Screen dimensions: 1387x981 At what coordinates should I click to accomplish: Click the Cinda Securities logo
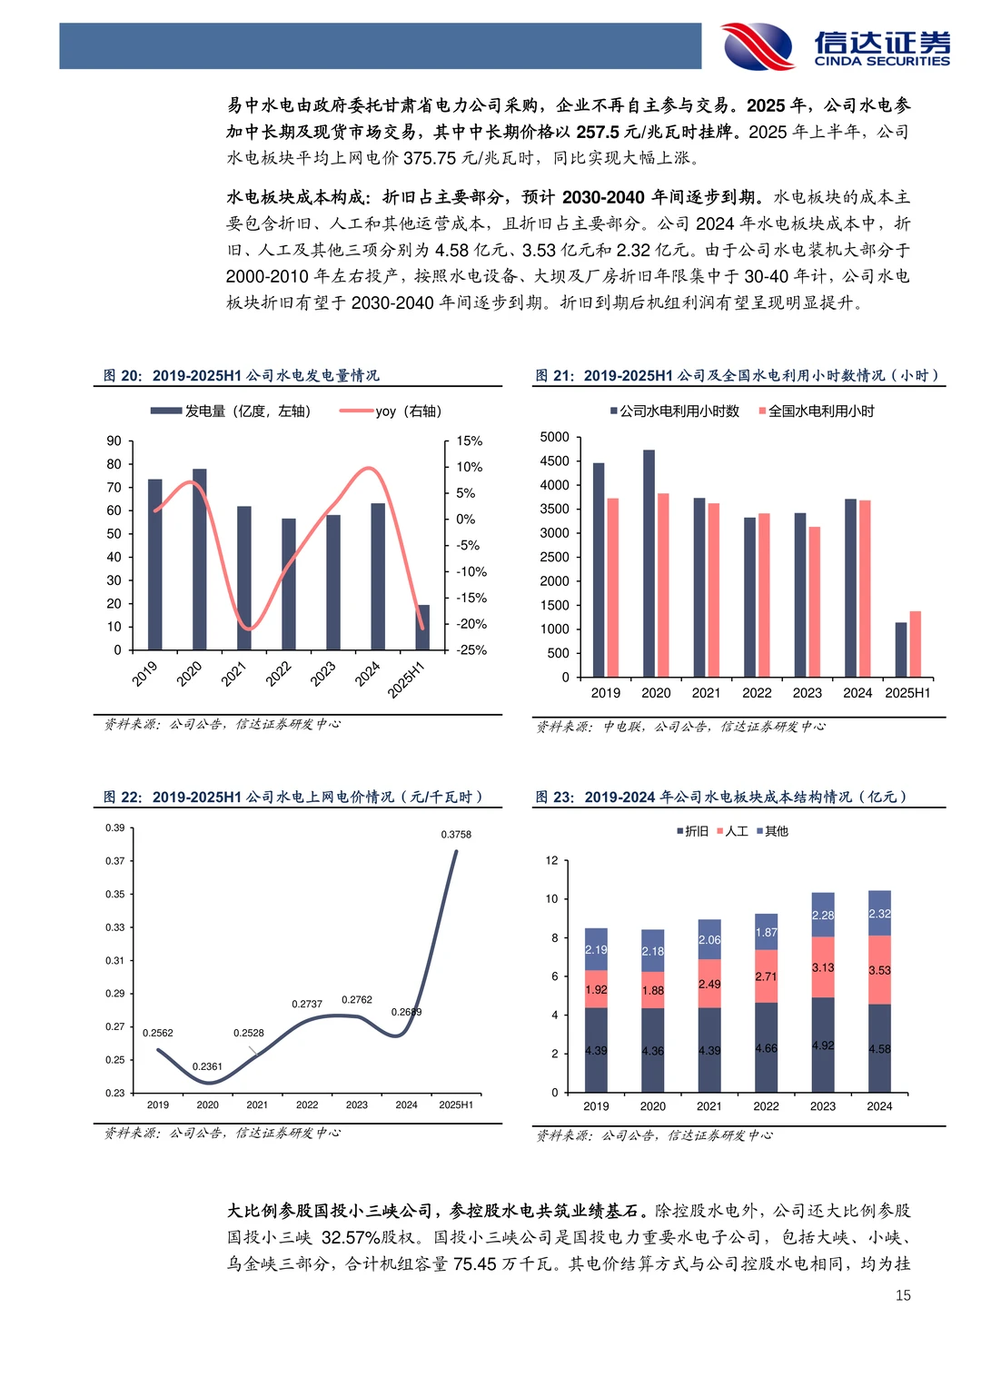point(836,45)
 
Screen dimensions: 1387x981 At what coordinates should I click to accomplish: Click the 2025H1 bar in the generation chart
point(423,627)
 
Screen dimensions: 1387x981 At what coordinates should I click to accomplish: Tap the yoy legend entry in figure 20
point(391,411)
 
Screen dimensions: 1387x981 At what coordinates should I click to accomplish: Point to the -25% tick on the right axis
point(471,650)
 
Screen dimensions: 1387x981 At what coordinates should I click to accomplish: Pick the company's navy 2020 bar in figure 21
point(649,563)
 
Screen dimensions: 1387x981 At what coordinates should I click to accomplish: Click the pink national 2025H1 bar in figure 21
point(915,644)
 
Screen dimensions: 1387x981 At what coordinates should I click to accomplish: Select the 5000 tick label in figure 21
point(554,437)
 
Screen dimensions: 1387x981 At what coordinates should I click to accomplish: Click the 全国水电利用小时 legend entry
point(817,411)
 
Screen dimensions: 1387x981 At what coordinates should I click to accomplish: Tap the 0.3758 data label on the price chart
point(456,834)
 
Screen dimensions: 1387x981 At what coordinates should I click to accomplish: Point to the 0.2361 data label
point(207,1066)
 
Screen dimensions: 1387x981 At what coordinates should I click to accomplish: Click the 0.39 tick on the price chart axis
point(114,827)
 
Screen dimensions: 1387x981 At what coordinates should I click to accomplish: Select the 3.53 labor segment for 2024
point(879,970)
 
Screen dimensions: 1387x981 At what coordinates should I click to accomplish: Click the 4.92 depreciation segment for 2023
point(823,1045)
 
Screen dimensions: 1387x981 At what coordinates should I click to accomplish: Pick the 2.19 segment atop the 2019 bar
point(596,949)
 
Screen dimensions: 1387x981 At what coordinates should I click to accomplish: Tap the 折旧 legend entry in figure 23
point(692,831)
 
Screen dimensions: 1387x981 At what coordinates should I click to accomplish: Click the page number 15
point(903,1295)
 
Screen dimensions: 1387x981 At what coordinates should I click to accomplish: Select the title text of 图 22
point(292,797)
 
